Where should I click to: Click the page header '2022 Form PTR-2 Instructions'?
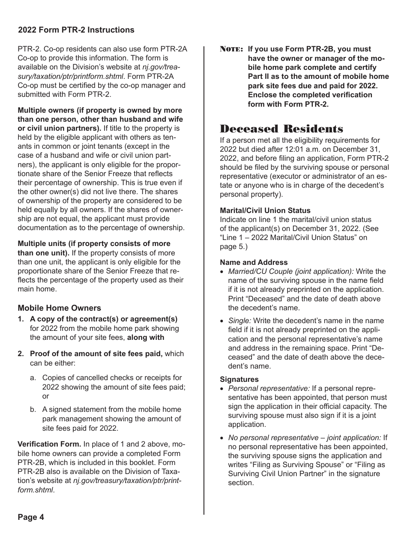coord(76,30)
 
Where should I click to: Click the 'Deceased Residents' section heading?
coord(281,129)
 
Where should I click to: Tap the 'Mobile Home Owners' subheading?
coord(60,308)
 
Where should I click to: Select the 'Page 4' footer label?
coord(31,517)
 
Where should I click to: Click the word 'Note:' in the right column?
coord(232,49)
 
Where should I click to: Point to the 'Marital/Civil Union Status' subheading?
coord(265,211)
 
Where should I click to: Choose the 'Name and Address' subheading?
coord(254,262)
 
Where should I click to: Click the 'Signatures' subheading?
coord(239,379)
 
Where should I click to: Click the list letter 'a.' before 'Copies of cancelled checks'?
coord(33,378)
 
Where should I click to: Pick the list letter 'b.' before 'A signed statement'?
coord(33,410)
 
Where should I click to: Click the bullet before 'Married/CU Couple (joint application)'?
coord(221,272)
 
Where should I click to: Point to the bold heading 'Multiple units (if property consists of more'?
coord(94,244)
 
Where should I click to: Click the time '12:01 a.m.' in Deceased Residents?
coord(305,149)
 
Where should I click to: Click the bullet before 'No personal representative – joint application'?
coord(221,438)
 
